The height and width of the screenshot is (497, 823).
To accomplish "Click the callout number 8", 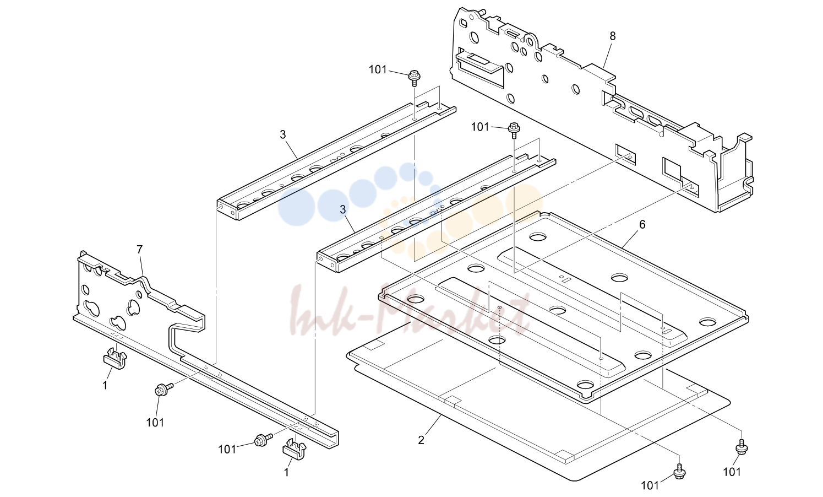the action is (613, 36).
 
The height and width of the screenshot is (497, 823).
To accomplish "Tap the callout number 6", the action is (642, 224).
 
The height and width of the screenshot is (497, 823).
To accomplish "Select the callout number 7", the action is (139, 250).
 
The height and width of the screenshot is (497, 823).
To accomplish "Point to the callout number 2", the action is (421, 440).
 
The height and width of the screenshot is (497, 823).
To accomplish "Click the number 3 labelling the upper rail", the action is (282, 134).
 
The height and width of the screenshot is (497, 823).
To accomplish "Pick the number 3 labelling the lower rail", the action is (343, 210).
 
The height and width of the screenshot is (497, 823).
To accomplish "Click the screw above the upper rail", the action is (415, 78).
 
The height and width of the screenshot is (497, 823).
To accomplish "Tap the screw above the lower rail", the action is (514, 130).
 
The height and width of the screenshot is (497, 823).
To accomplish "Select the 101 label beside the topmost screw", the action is (378, 69).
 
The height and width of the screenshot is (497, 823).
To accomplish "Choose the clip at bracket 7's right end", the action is (295, 450).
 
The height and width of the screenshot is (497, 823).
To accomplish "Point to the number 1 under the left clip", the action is (105, 386).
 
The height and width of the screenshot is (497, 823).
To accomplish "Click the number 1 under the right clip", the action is (287, 472).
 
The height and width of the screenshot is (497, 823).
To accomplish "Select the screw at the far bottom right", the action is (742, 447).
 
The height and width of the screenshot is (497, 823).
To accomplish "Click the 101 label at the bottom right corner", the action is (732, 472).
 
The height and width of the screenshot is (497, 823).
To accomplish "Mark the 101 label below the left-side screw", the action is (155, 423).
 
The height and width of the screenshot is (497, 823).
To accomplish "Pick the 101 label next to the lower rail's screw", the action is (480, 127).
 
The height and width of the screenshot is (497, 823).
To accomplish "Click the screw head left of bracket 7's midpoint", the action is (163, 389).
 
